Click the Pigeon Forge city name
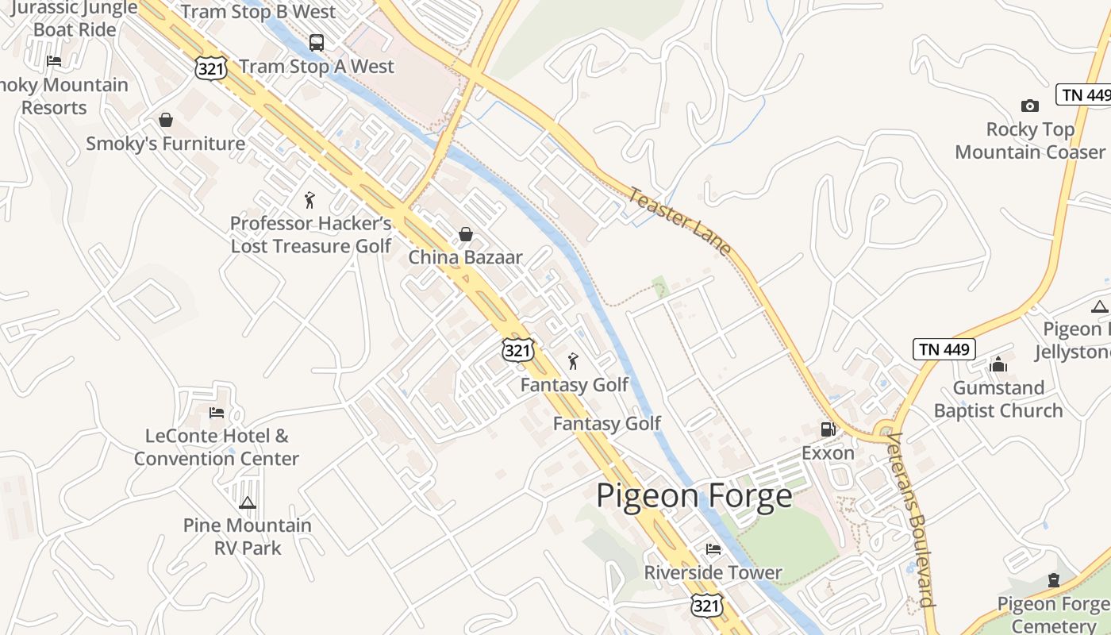tap(694, 496)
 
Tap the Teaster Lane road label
tap(680, 221)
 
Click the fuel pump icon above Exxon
tap(828, 429)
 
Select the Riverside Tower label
tap(713, 572)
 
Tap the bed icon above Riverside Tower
tap(713, 549)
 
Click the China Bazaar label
tap(466, 257)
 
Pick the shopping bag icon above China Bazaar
tap(466, 234)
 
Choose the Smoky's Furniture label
tap(165, 144)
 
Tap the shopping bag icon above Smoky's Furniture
tap(166, 120)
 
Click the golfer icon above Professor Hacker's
tap(309, 200)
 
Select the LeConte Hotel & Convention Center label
tap(217, 447)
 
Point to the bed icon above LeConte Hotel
tap(217, 413)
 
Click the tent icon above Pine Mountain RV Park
tap(248, 502)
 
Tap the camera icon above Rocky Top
tap(1029, 106)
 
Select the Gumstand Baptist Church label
tap(998, 399)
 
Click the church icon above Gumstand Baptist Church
tap(998, 364)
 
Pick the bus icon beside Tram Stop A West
tap(317, 43)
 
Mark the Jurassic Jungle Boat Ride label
tap(75, 19)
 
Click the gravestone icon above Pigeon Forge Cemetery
tap(1054, 580)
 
